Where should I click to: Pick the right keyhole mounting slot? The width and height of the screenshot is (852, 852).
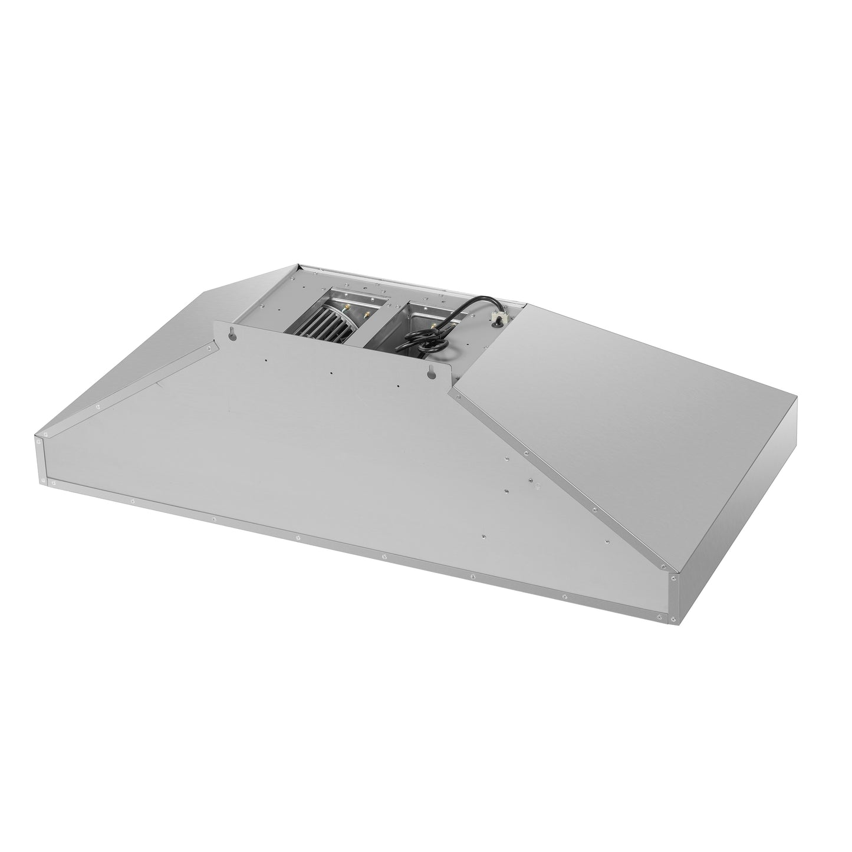click(432, 373)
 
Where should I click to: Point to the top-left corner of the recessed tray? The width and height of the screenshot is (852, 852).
click(298, 269)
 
